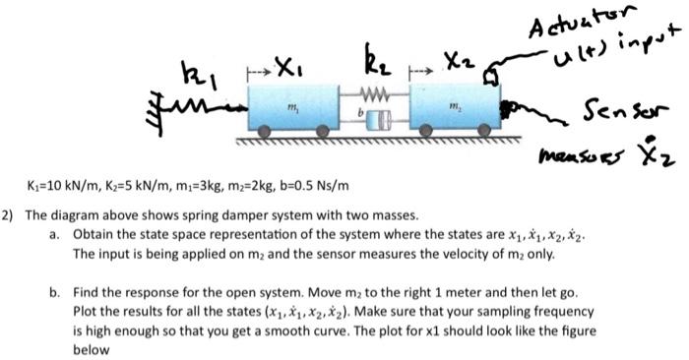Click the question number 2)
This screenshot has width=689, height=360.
[x=9, y=214]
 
